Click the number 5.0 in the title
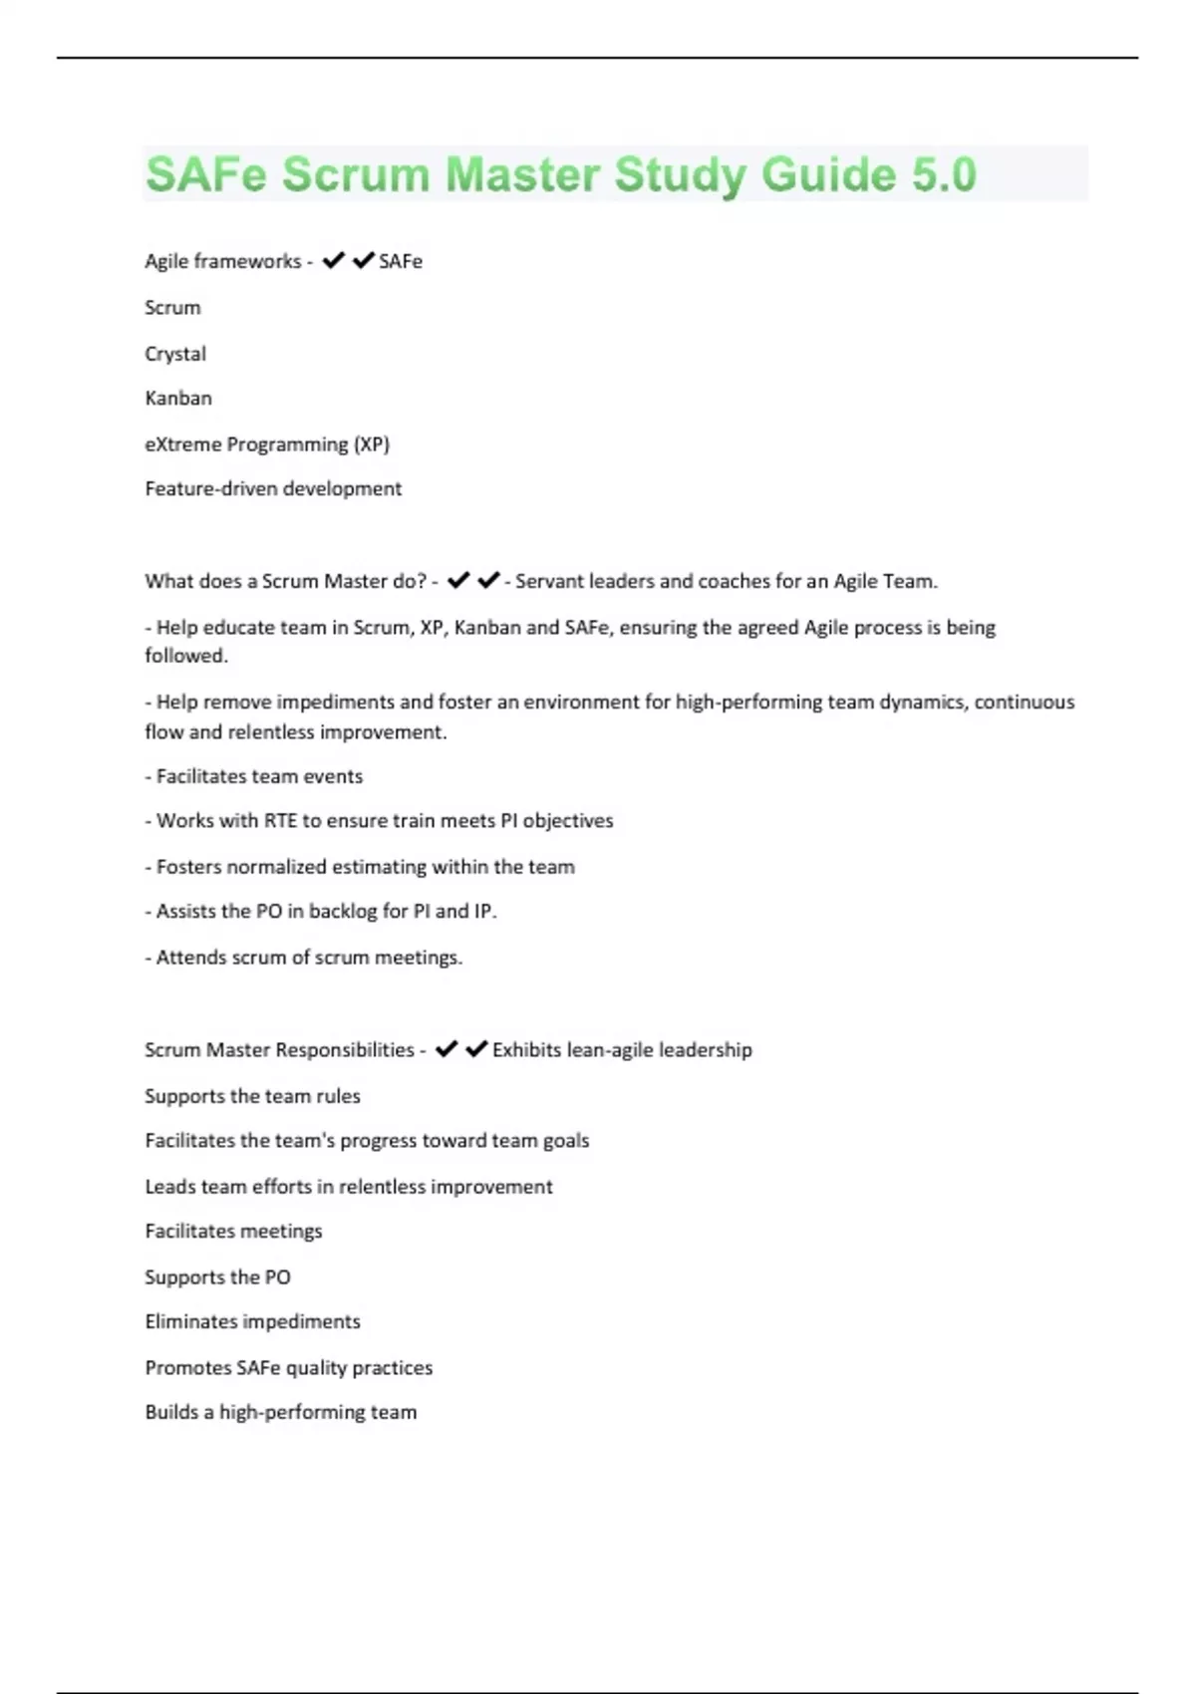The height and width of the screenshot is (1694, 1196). [943, 175]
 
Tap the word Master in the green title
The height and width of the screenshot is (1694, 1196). [523, 175]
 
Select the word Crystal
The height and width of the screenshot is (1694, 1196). [175, 354]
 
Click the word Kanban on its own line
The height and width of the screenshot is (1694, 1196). [178, 399]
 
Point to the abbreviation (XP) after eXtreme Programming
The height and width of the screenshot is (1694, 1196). [371, 444]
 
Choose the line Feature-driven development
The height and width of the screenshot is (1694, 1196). [273, 489]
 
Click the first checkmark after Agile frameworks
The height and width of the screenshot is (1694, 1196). [333, 261]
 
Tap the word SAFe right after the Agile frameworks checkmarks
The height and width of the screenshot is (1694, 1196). [401, 261]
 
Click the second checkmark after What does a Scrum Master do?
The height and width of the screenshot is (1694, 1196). [488, 580]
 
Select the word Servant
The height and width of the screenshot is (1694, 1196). [549, 581]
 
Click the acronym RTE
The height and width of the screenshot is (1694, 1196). [280, 821]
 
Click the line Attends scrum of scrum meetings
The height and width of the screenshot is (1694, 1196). [304, 958]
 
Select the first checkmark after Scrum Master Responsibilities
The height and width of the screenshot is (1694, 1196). [447, 1049]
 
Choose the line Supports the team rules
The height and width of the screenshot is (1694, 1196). [252, 1096]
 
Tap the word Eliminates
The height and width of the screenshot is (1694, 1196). [191, 1322]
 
